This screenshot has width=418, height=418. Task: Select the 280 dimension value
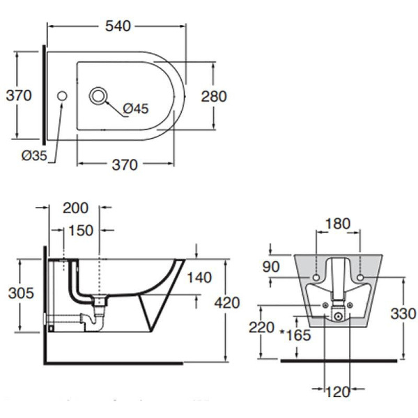pyautogui.click(x=212, y=95)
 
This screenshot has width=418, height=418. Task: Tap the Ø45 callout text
pyautogui.click(x=136, y=109)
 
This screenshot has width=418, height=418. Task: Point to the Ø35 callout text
pyautogui.click(x=33, y=156)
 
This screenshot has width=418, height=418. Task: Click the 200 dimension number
pyautogui.click(x=75, y=207)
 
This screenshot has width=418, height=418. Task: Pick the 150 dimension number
pyautogui.click(x=81, y=230)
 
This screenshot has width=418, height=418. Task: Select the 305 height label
pyautogui.click(x=20, y=293)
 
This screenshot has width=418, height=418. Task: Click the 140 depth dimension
pyautogui.click(x=199, y=278)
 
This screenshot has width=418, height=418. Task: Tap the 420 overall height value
pyautogui.click(x=226, y=302)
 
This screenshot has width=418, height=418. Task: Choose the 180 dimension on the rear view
pyautogui.click(x=338, y=224)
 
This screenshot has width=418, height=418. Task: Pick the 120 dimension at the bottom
pyautogui.click(x=338, y=392)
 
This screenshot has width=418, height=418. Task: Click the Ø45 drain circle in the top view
pyautogui.click(x=100, y=95)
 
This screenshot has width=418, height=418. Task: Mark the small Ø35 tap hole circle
pyautogui.click(x=63, y=95)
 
